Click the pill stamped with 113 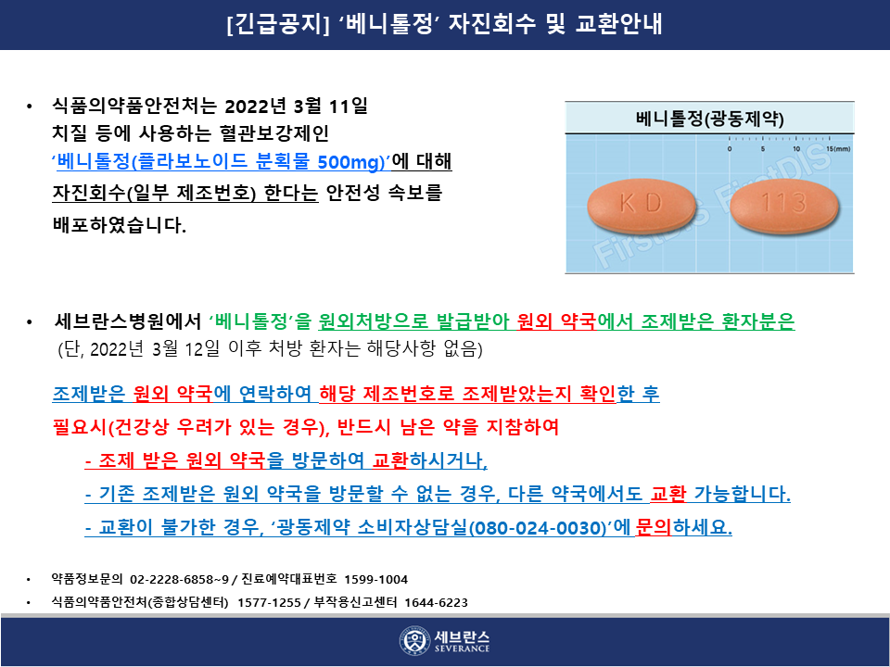(784, 205)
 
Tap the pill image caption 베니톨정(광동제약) (709, 119)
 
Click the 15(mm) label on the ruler (838, 149)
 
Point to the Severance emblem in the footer (413, 641)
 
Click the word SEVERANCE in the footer (462, 648)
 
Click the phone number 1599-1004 (375, 579)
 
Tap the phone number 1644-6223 (436, 602)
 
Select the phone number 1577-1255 (269, 602)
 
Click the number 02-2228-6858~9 (179, 579)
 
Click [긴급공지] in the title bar (277, 24)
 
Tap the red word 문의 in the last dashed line (653, 527)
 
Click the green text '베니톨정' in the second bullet (251, 321)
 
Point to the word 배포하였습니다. (120, 224)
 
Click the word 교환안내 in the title (618, 24)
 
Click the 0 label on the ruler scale (730, 149)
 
